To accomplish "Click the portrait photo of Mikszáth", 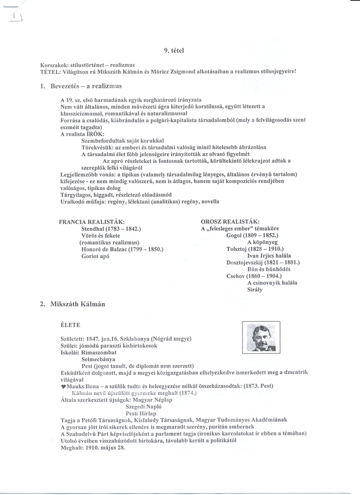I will pos(261,337).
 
